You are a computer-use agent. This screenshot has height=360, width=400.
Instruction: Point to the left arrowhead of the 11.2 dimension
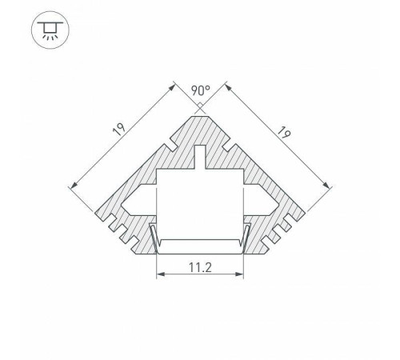[x=157, y=276]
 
